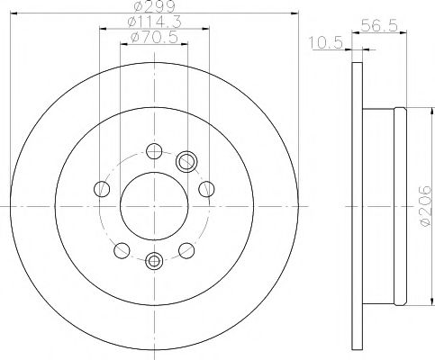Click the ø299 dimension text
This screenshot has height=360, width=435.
[x=151, y=6]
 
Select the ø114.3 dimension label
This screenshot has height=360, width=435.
[x=150, y=21]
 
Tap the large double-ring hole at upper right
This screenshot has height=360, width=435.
[x=188, y=162]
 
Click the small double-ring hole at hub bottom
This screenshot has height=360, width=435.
[x=154, y=262]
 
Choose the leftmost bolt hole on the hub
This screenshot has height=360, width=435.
[x=101, y=189]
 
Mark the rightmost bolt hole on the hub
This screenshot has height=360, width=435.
[x=207, y=189]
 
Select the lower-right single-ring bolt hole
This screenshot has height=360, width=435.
[x=186, y=251]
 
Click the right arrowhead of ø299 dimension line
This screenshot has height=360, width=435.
[x=294, y=13]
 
